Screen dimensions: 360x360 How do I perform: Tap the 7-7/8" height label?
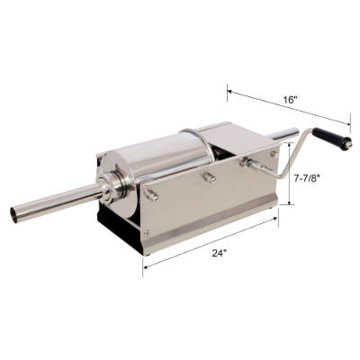313,179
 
